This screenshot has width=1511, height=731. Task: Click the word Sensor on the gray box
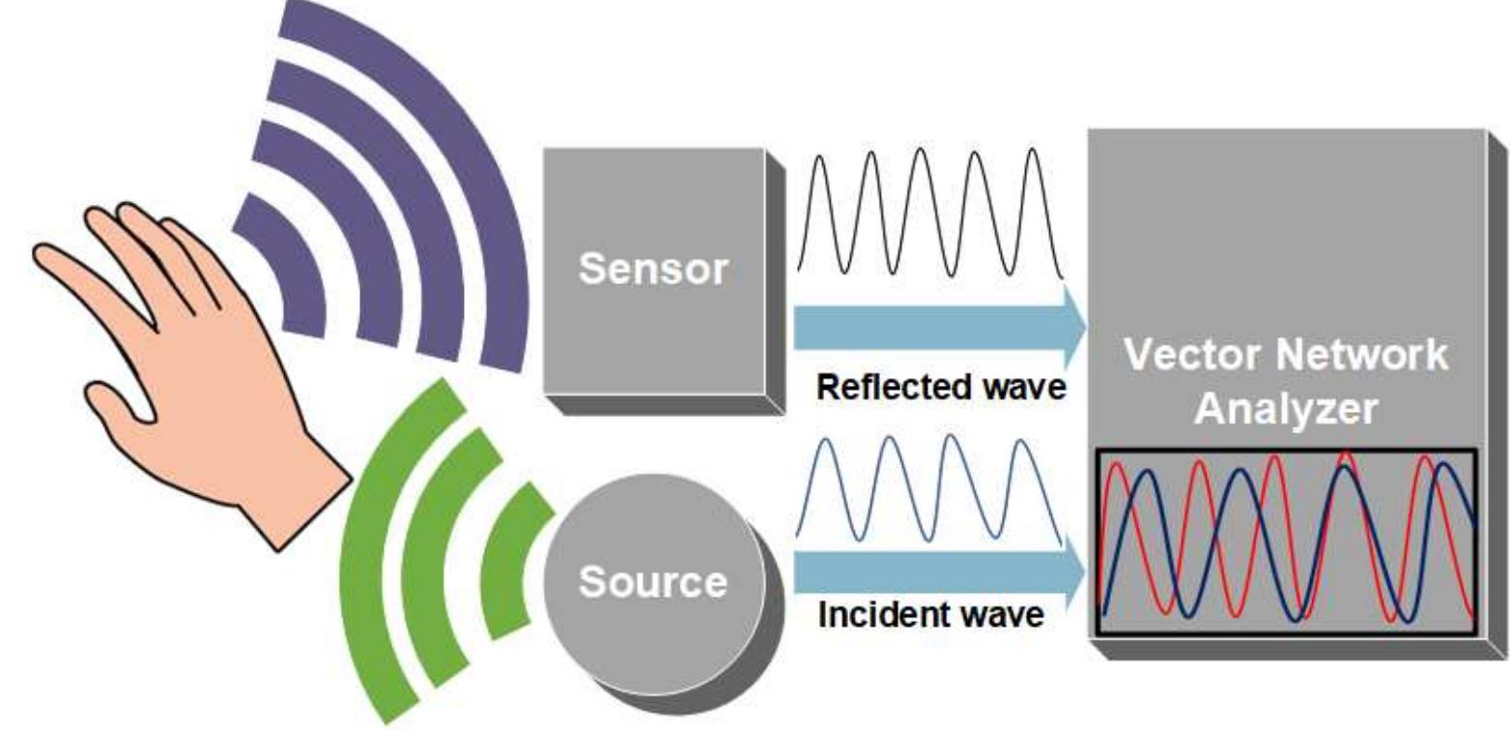pos(653,271)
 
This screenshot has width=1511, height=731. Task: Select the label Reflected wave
pos(940,388)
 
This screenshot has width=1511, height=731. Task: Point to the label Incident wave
pos(930,614)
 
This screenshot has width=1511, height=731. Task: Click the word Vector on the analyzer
pos(1194,356)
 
